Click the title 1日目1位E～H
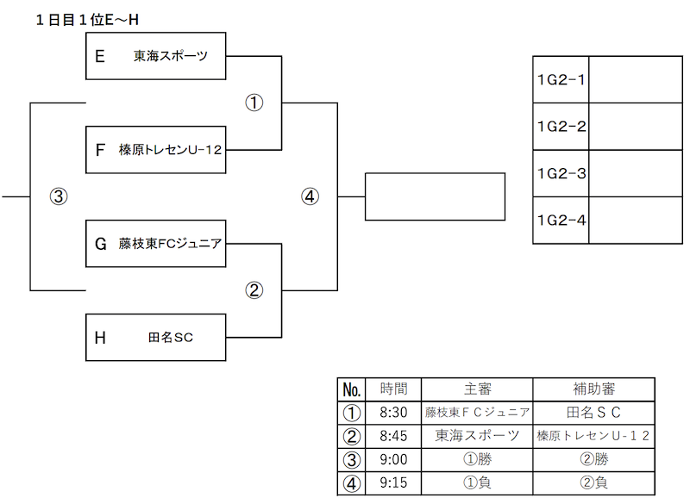pos(87,20)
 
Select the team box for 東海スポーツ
pos(156,56)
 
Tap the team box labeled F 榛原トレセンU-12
pos(156,150)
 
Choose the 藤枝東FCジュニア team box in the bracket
pos(156,244)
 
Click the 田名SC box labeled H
pos(156,338)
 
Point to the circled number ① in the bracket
pos(254,103)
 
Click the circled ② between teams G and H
pos(254,290)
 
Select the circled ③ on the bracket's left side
pos(59,196)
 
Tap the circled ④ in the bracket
pos(310,196)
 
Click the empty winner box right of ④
pos(436,196)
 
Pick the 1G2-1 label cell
pos(561,79)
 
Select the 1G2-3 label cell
pos(561,173)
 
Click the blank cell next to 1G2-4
pos(636,221)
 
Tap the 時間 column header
pos(393,389)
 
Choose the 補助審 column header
pos(593,389)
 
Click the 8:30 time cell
pos(393,413)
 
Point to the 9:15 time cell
pos(393,483)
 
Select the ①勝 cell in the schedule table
pos(477,459)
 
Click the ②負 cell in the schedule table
pos(593,483)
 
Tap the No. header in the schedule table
pos(352,389)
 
